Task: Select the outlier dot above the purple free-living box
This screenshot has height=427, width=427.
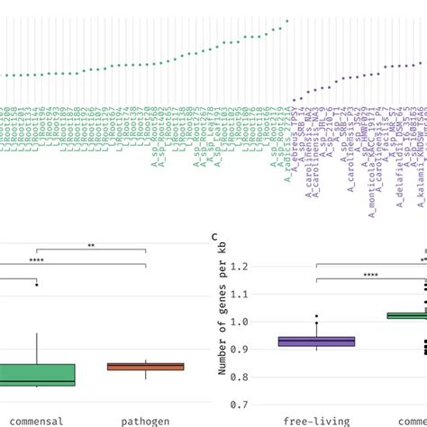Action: point(316,318)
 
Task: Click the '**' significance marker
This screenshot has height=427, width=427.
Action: point(91,243)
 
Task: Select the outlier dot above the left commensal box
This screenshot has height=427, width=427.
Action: point(37,285)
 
